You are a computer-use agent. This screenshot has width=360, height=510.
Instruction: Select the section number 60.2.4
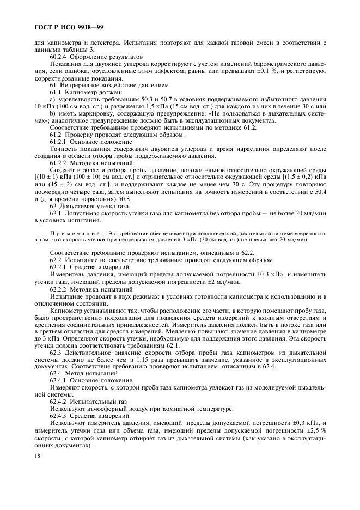tap(58, 57)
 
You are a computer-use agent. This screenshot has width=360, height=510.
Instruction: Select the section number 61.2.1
tap(58, 141)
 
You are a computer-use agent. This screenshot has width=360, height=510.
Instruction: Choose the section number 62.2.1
tap(58, 268)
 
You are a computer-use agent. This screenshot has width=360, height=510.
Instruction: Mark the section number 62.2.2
tap(58, 289)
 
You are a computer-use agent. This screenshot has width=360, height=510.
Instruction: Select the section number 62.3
tap(55, 353)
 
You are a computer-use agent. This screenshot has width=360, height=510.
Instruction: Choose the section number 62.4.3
tap(58, 417)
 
